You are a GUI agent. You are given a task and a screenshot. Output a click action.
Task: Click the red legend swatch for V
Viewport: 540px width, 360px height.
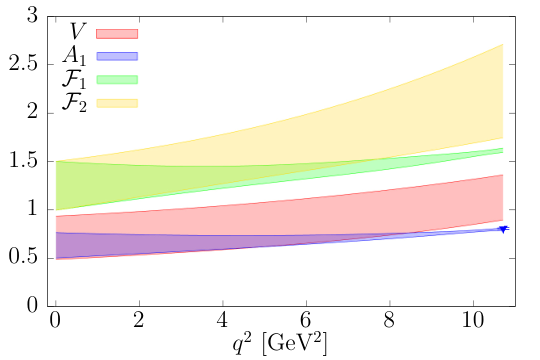coord(117,34)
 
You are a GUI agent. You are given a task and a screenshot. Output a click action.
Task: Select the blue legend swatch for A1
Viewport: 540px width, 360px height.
coord(117,56)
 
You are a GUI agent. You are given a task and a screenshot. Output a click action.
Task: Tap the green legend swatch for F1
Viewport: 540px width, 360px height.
coord(117,80)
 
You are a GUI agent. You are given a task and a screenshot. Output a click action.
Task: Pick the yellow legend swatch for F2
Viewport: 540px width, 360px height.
coord(117,103)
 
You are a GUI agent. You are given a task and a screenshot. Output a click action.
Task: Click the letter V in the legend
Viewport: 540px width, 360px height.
coord(77,31)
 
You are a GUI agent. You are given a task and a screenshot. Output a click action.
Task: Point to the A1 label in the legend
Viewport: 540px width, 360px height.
coord(74,56)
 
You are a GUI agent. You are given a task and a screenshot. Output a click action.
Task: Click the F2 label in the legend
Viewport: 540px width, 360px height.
coord(74,103)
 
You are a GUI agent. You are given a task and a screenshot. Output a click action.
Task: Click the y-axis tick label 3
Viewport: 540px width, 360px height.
coord(32,16)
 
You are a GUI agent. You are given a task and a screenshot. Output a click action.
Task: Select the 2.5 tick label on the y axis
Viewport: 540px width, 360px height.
coord(23,64)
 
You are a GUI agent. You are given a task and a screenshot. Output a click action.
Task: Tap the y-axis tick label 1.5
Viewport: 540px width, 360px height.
coord(23,161)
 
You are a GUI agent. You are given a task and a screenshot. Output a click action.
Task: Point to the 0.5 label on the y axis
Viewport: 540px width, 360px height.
coord(23,257)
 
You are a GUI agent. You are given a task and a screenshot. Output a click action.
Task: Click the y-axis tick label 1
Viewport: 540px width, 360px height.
coord(33,209)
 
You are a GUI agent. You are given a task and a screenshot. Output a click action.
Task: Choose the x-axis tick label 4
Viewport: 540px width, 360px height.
coord(222,320)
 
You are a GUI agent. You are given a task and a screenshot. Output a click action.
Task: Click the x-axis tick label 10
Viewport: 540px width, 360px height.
coord(472,320)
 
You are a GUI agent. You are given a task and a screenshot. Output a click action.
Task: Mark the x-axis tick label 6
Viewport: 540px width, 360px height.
coord(306,320)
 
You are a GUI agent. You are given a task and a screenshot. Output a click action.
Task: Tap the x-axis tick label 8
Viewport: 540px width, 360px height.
coord(389,320)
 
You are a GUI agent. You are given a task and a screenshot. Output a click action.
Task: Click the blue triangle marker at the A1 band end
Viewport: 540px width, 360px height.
coord(504,229)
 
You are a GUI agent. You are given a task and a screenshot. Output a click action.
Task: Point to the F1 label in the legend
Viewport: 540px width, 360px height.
coord(74,79)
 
